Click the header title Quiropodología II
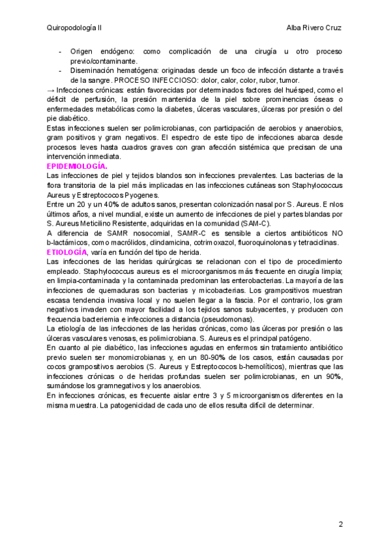[74, 28]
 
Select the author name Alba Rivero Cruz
[314, 28]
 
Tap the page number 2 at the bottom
[340, 524]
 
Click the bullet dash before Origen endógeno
[60, 51]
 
